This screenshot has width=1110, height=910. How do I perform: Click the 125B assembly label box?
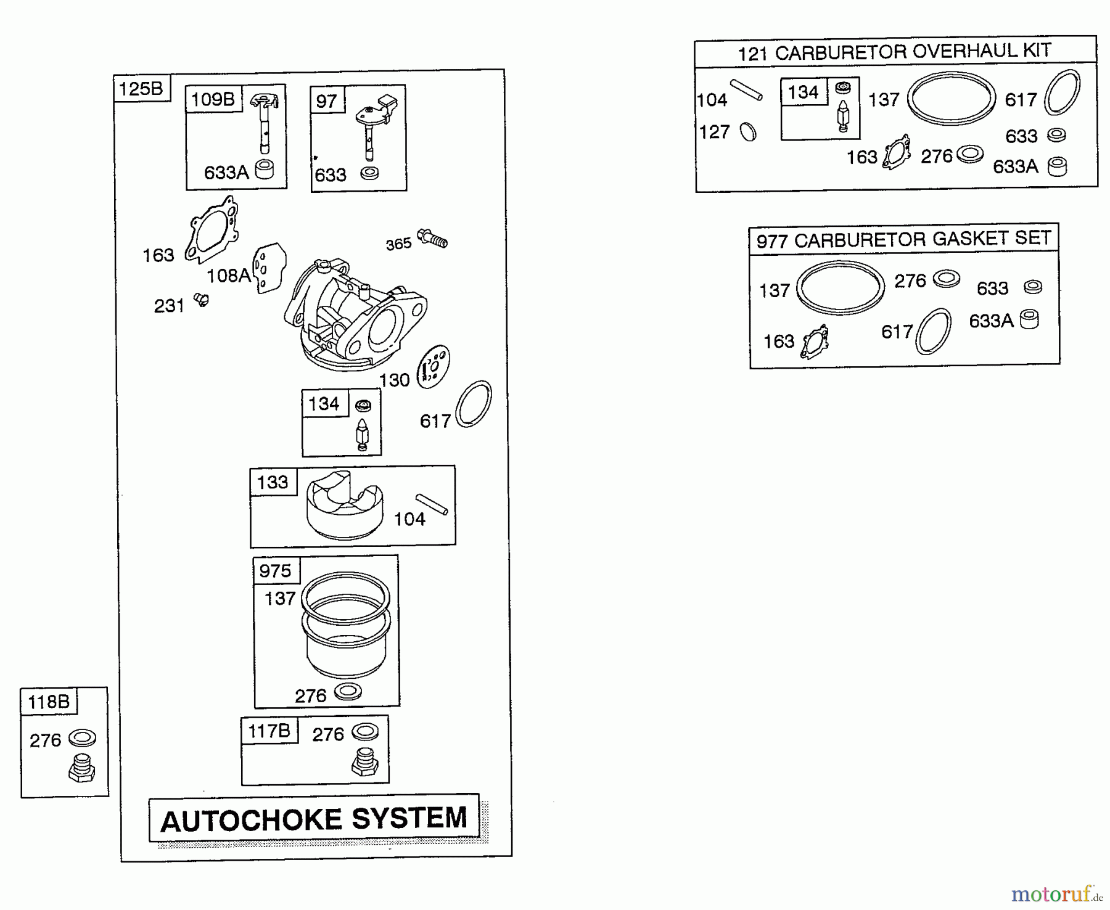coord(141,88)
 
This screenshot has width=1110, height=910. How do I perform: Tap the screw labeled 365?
coord(433,238)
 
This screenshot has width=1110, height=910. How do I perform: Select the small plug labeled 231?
coord(201,300)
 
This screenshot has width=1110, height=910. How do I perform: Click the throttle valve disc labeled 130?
coord(434,367)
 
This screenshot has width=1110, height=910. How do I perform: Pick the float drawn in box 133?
coord(344,505)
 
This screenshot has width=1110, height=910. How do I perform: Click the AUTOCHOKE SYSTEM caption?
coord(314,819)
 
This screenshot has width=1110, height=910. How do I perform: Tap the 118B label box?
coord(49,702)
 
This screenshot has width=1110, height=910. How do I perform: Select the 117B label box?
coord(269,731)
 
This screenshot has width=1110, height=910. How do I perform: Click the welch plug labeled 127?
coord(748,132)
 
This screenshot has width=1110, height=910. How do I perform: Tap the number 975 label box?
coord(275,571)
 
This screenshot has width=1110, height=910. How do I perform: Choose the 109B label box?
coord(213,99)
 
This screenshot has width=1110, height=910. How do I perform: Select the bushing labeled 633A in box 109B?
coord(265,169)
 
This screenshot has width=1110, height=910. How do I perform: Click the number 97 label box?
coord(327,100)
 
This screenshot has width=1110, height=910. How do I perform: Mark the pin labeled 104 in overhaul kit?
coord(746,89)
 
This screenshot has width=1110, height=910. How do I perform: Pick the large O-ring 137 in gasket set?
coord(841,288)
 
